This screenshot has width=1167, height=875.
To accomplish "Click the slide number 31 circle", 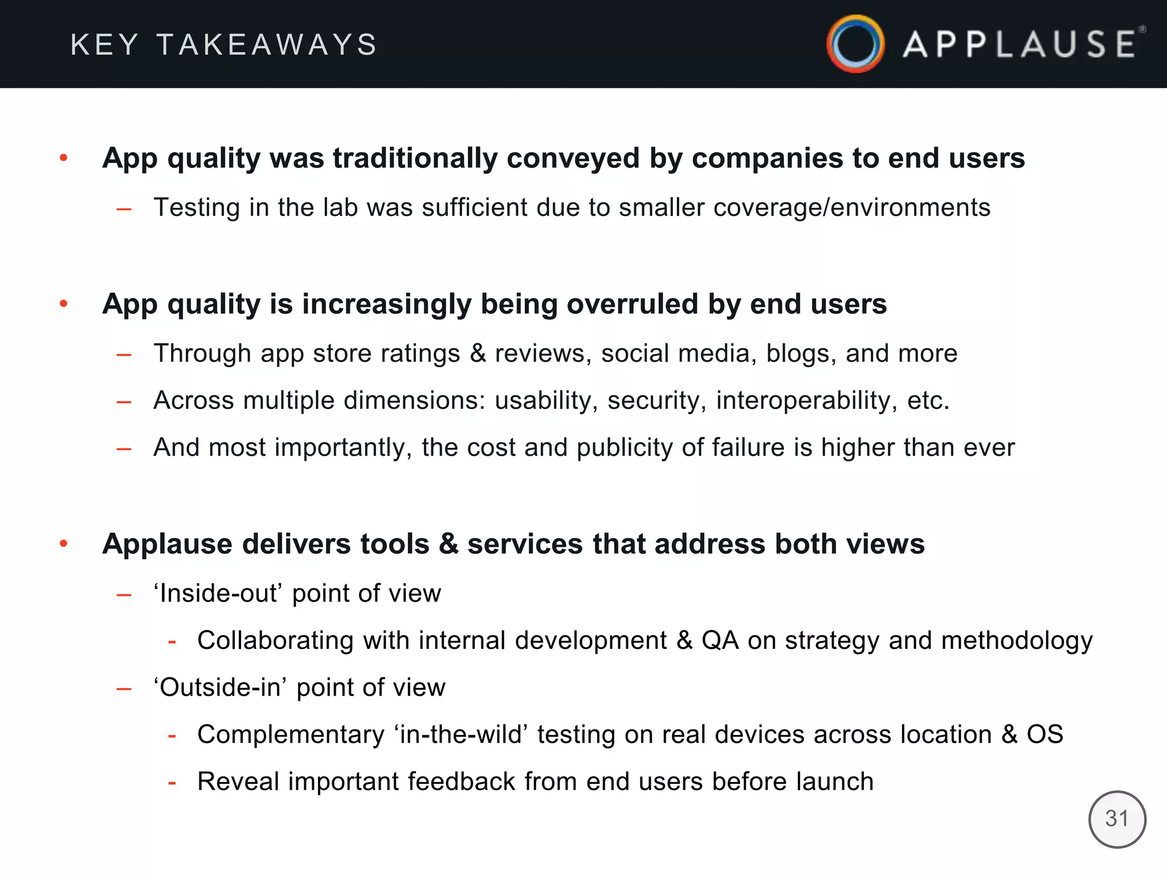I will (x=1117, y=819).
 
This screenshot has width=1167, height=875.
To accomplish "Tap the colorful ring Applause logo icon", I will (x=855, y=44).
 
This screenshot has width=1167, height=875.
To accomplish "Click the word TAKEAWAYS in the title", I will (x=267, y=45).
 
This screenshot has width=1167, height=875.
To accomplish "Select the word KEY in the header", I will (x=105, y=45).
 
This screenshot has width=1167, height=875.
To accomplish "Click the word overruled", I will (x=633, y=304).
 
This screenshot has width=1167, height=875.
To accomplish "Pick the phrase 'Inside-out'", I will (x=218, y=594).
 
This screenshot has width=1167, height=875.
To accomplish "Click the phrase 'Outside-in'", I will (x=221, y=688).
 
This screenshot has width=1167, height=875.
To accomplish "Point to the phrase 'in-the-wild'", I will (x=461, y=735).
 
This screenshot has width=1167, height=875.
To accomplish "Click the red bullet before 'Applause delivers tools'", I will (x=64, y=544).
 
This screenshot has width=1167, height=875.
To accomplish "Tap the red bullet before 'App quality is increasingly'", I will (x=64, y=304).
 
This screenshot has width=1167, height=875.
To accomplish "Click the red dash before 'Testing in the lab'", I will (x=124, y=210).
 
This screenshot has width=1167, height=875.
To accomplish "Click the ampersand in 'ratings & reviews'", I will (x=478, y=354).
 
